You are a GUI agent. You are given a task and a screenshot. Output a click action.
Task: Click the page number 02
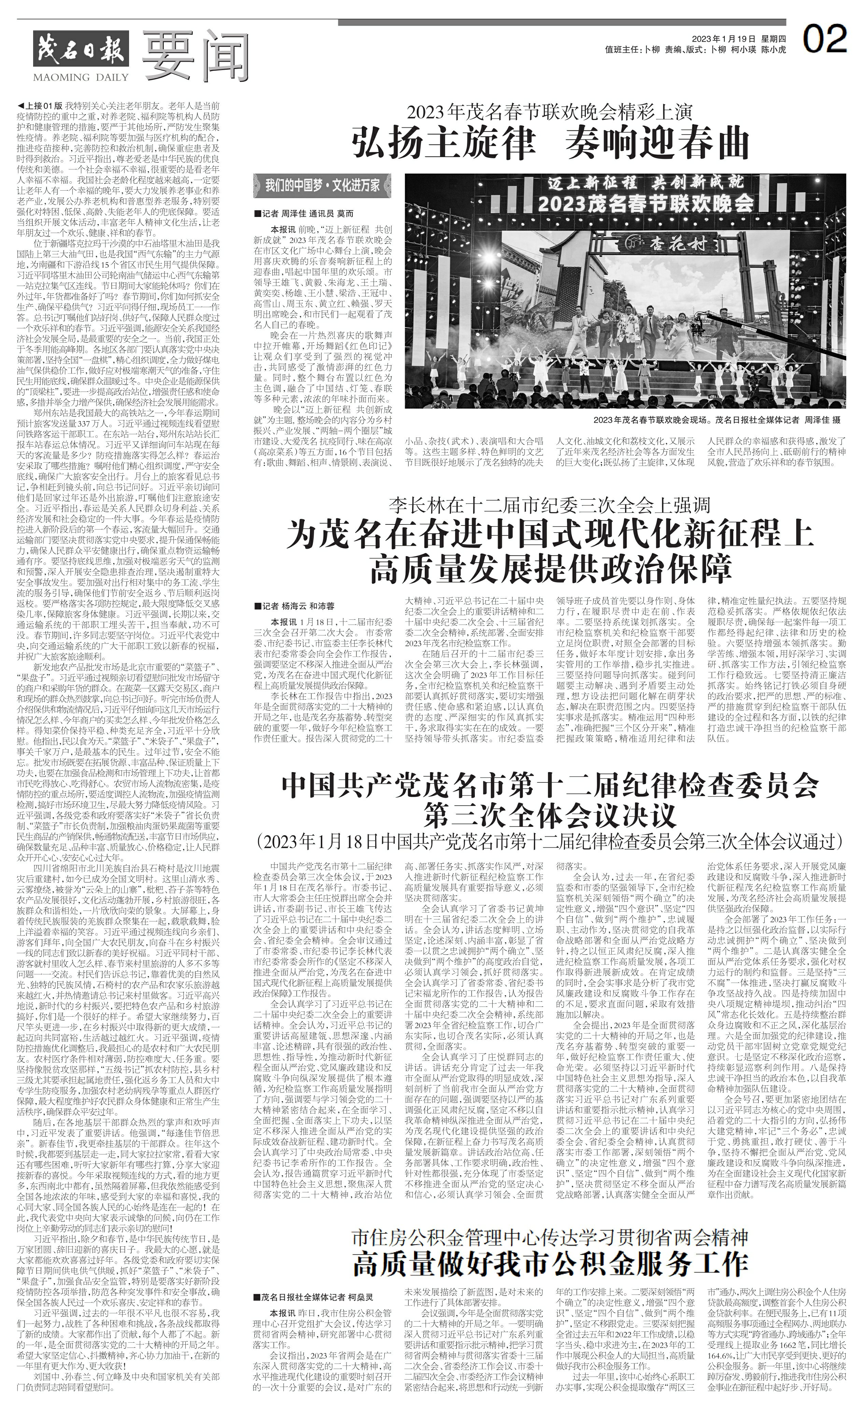[x=825, y=40]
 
